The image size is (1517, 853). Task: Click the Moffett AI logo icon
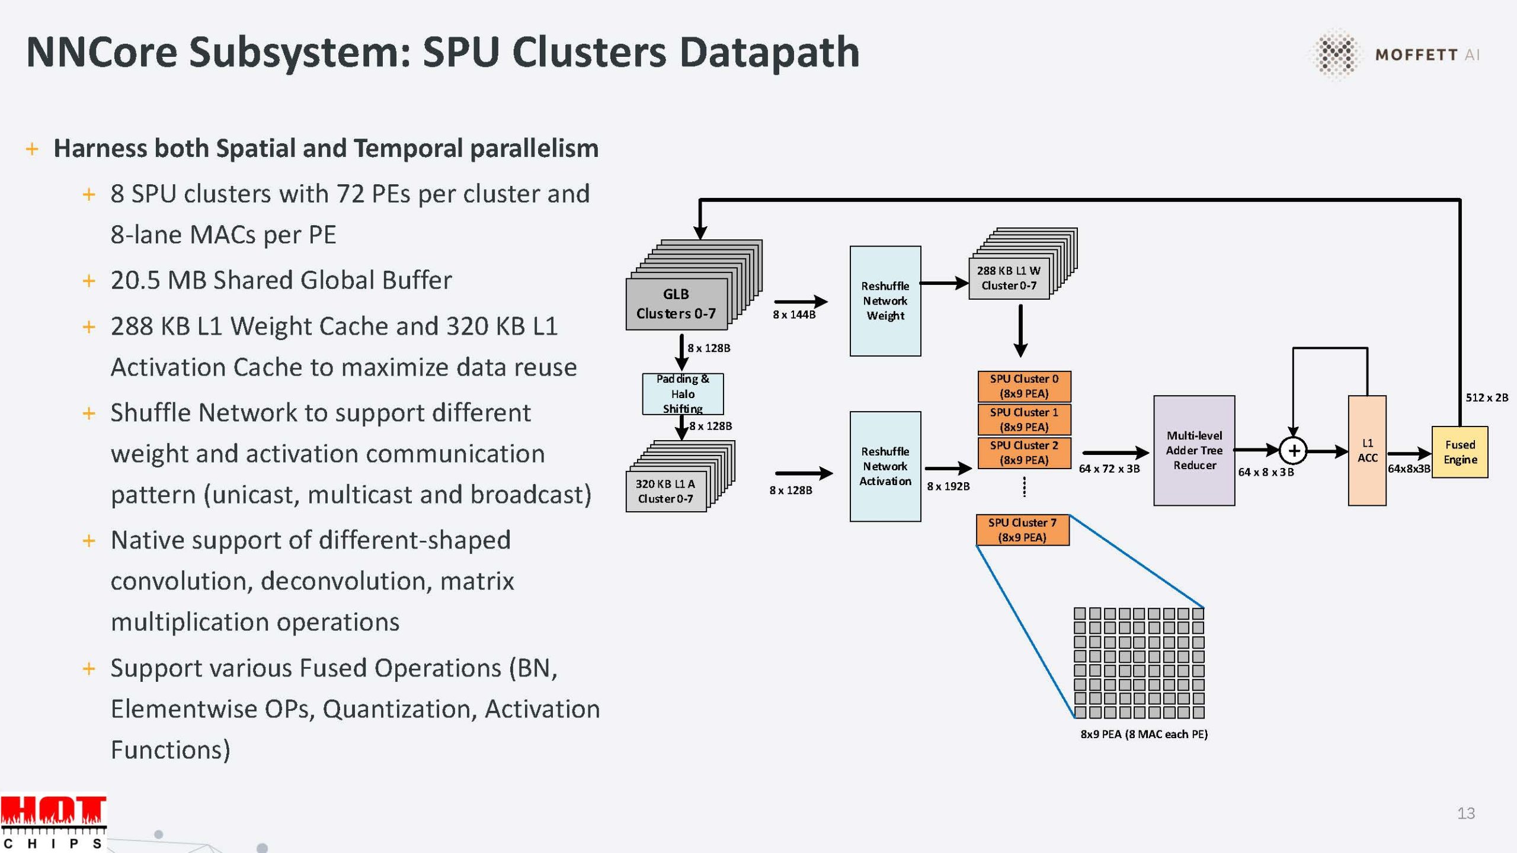click(x=1336, y=54)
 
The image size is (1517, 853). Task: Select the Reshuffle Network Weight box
click(x=885, y=301)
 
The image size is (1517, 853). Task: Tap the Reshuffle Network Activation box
click(x=885, y=466)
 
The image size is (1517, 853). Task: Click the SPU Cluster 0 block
click(x=1023, y=386)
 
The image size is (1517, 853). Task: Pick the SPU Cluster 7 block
click(x=1022, y=530)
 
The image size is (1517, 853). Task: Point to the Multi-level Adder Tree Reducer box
click(x=1193, y=450)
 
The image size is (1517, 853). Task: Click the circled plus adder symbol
click(x=1293, y=451)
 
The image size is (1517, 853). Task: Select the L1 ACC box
click(x=1366, y=450)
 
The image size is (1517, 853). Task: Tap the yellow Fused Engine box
click(x=1459, y=452)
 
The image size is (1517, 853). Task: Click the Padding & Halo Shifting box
click(x=683, y=394)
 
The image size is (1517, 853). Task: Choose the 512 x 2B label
click(x=1486, y=397)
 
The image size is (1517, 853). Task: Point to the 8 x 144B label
click(x=793, y=315)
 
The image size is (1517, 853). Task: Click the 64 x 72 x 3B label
click(x=1109, y=469)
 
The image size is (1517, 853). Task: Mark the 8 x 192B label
click(x=948, y=486)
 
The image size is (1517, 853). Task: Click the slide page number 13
click(x=1465, y=813)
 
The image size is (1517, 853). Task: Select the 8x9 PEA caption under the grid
click(x=1144, y=734)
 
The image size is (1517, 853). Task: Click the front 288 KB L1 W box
click(x=1009, y=278)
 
